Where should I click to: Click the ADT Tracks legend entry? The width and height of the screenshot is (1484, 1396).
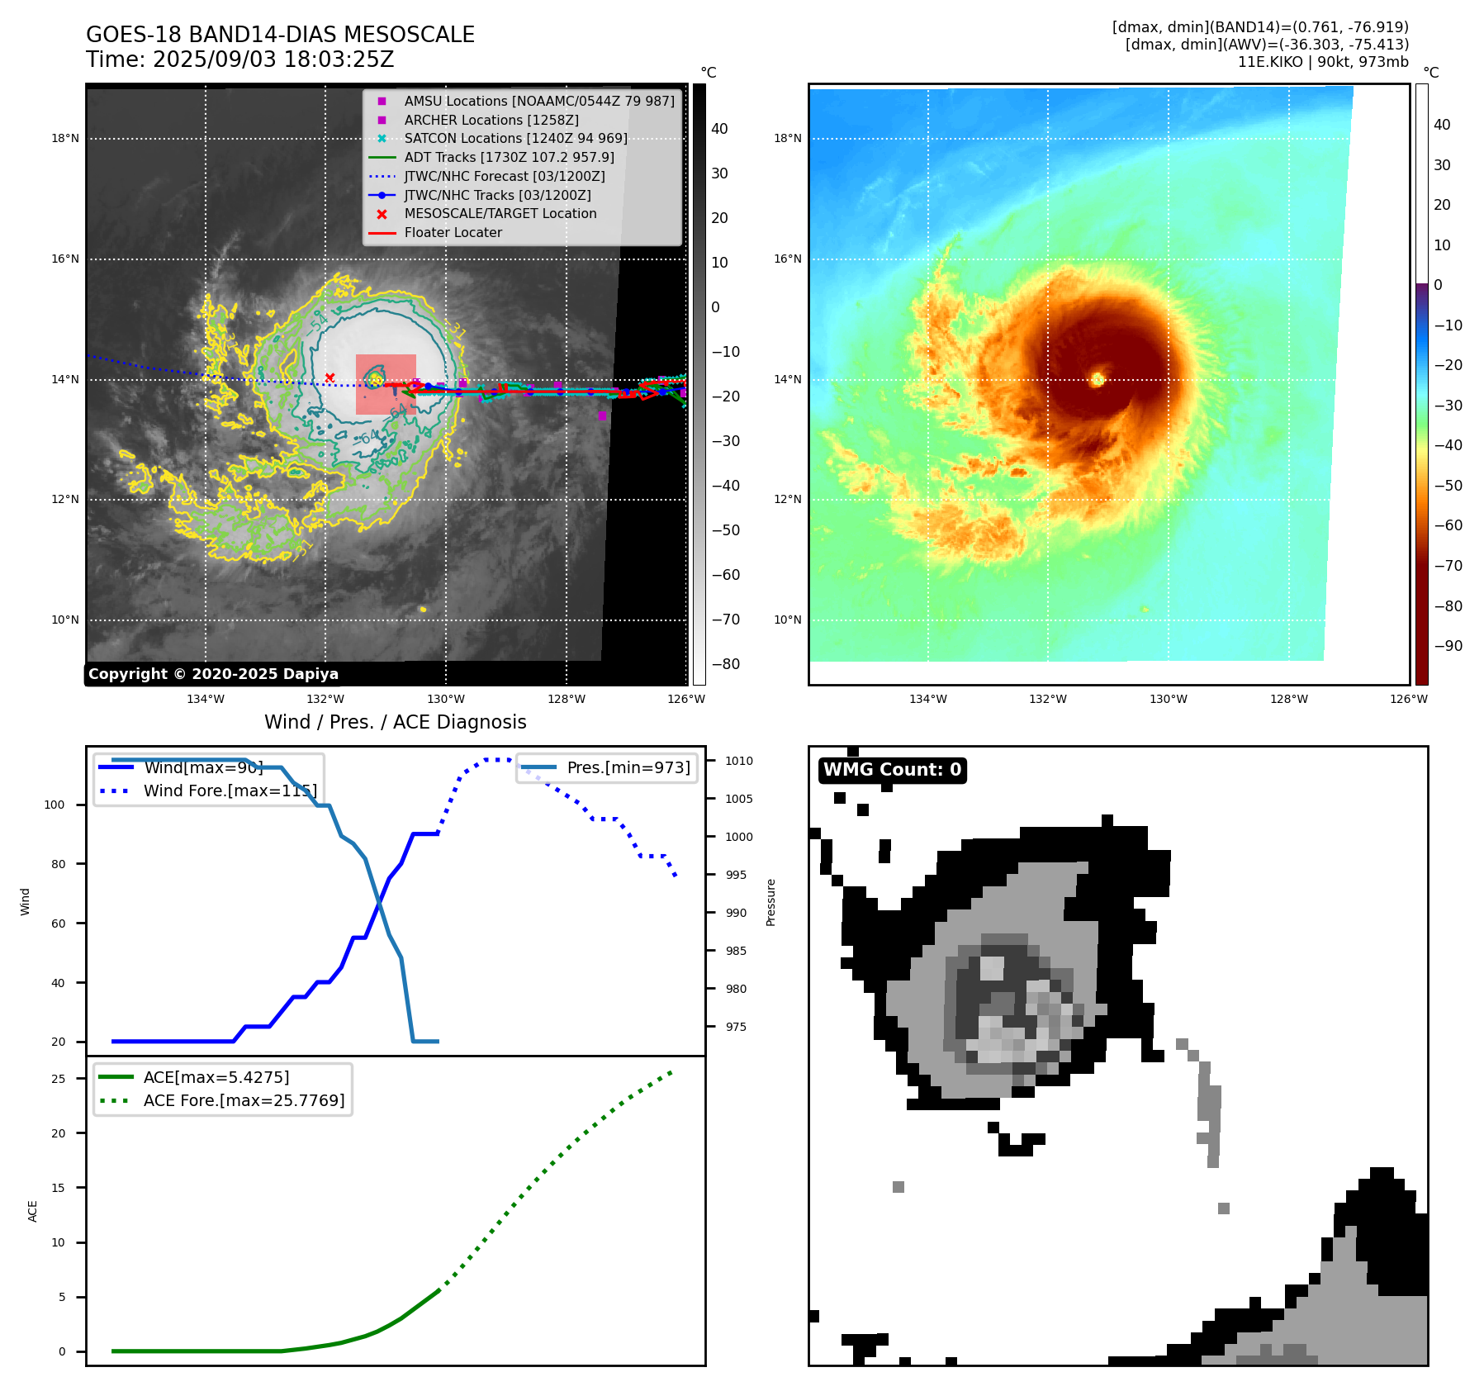[x=509, y=157]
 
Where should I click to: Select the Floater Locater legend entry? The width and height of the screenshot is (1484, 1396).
[x=453, y=232]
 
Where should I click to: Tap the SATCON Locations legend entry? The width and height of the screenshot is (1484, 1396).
[x=515, y=138]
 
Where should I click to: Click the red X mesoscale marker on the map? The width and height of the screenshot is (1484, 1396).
[x=330, y=377]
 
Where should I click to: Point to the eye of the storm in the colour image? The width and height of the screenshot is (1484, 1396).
[x=1098, y=379]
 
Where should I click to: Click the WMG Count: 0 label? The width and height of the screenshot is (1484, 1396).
[x=892, y=770]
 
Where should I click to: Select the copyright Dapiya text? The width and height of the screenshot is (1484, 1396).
[x=213, y=674]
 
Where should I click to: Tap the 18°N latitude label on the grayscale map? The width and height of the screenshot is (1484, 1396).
[x=65, y=138]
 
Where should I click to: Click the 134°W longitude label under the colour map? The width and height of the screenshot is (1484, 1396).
[x=927, y=699]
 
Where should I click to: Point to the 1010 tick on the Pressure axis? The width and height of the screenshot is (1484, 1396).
[x=739, y=761]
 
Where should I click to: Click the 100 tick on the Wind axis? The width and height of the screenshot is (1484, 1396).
[x=55, y=805]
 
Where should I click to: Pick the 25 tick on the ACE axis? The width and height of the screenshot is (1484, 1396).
[x=58, y=1079]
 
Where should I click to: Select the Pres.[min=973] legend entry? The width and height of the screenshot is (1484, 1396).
[x=628, y=767]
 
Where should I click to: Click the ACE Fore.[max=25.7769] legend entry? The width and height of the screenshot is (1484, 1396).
[x=244, y=1100]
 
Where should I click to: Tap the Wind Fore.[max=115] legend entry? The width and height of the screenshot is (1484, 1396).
[x=230, y=791]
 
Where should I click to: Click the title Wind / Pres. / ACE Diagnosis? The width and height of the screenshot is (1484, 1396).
[x=395, y=722]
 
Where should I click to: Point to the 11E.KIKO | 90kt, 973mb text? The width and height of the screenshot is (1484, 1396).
[x=1323, y=62]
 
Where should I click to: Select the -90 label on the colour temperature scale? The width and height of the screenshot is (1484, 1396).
[x=1448, y=646]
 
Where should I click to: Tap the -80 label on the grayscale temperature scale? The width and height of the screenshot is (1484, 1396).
[x=725, y=664]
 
